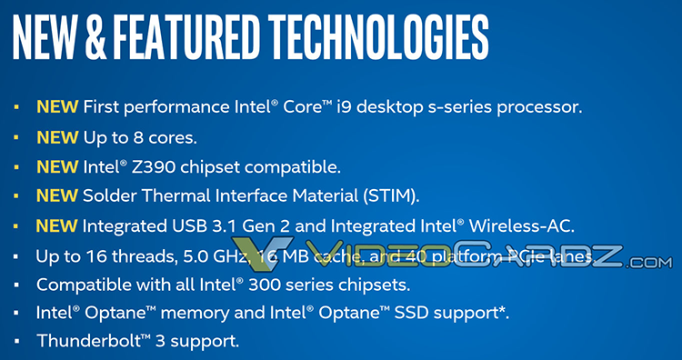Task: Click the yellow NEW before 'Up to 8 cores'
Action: coord(56,137)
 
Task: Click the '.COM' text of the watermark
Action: coord(649,263)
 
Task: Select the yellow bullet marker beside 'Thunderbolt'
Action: coord(16,342)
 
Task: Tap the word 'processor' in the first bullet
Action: coord(541,107)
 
